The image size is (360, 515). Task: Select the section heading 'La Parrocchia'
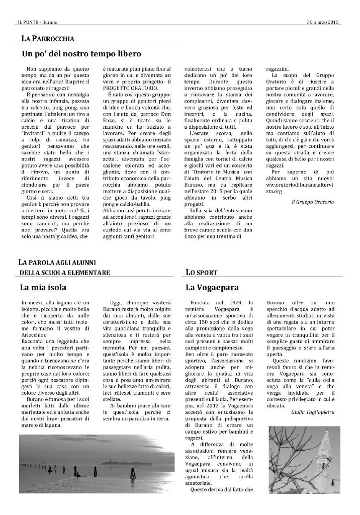point(48,38)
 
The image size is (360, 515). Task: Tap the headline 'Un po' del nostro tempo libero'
point(81,53)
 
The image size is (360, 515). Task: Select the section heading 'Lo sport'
point(201,273)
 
